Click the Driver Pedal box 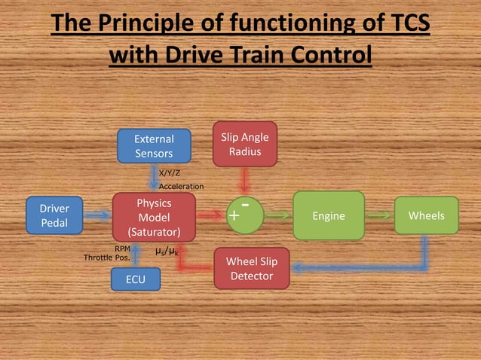[54, 215]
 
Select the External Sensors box [154, 146]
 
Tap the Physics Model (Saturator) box [154, 216]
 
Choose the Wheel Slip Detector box [251, 269]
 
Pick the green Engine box [328, 216]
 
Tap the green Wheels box [426, 216]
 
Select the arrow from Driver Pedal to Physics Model [97, 216]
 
